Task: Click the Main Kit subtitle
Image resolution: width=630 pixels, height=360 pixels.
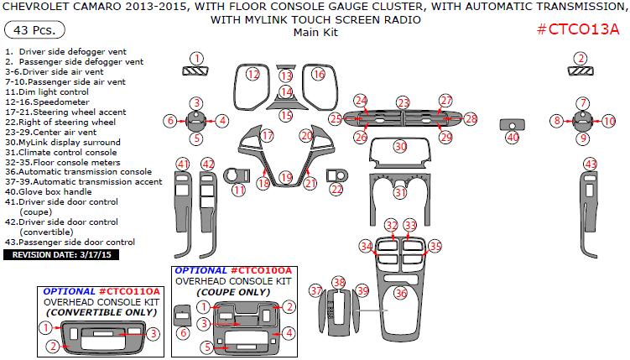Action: pyautogui.click(x=315, y=33)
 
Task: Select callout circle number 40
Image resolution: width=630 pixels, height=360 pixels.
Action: pyautogui.click(x=513, y=137)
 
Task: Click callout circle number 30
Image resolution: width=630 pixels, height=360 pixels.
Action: pyautogui.click(x=401, y=146)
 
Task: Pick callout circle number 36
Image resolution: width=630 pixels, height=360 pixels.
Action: pyautogui.click(x=401, y=293)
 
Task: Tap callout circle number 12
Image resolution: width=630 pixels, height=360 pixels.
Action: pyautogui.click(x=253, y=75)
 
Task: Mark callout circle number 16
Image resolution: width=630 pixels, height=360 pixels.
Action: pyautogui.click(x=318, y=75)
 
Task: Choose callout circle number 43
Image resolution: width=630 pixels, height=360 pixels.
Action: pyautogui.click(x=591, y=164)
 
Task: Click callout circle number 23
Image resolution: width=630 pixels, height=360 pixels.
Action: pyautogui.click(x=404, y=102)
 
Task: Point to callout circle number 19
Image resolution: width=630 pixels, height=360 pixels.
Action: pyautogui.click(x=286, y=177)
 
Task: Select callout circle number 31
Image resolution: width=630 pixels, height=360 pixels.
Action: pyautogui.click(x=401, y=192)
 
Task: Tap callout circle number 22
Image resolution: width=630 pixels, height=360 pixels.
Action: pyautogui.click(x=336, y=190)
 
